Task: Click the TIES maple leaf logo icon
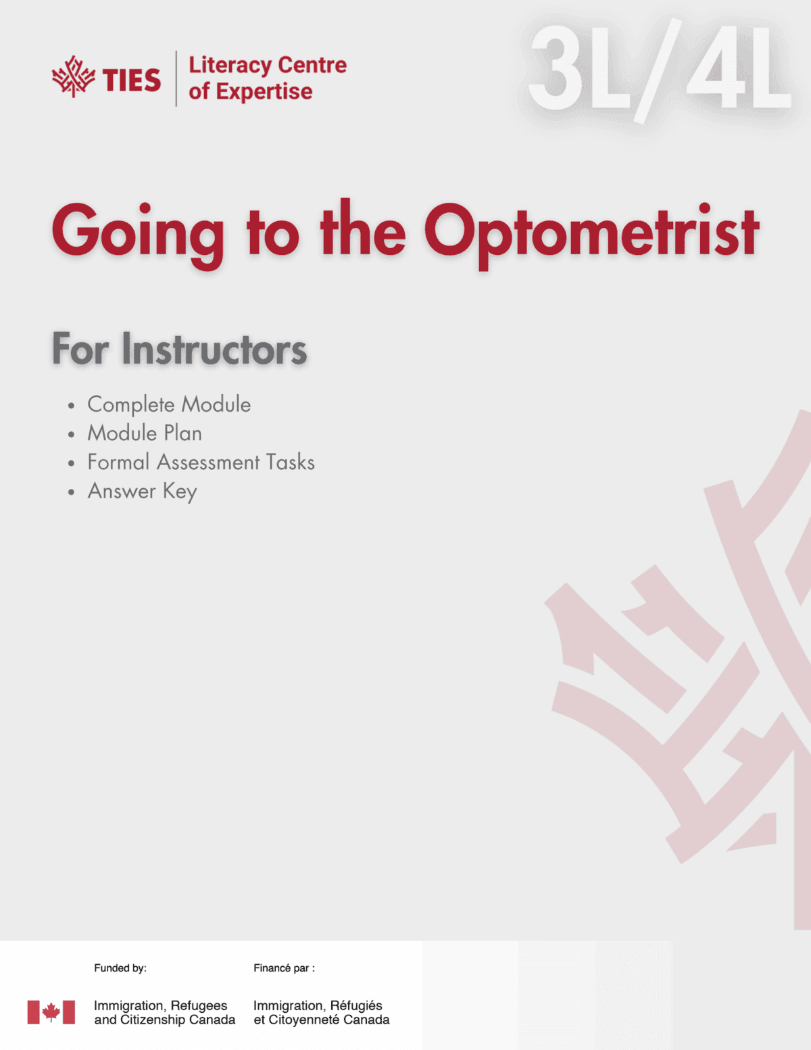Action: [x=73, y=77]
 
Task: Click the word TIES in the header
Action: [x=132, y=80]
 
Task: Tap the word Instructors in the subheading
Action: [x=214, y=350]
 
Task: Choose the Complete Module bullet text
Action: [x=169, y=404]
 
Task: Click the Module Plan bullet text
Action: [x=145, y=433]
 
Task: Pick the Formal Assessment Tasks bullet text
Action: [x=201, y=462]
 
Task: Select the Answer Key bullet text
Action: [x=142, y=492]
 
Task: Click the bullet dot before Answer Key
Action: [x=71, y=492]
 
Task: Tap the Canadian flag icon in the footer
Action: [x=51, y=1012]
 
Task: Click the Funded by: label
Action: [x=120, y=968]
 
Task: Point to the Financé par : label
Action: [x=284, y=968]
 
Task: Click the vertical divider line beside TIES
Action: [x=176, y=78]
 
